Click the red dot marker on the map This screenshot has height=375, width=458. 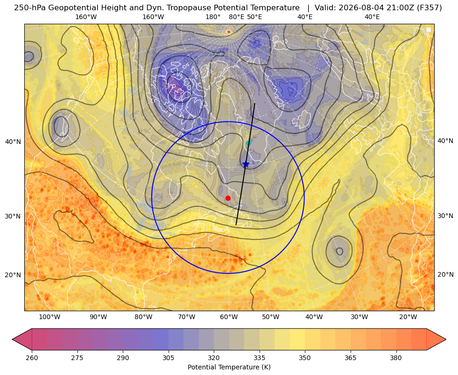pos(228,198)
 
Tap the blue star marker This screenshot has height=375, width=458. pos(246,164)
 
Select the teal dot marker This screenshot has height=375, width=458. pos(248,143)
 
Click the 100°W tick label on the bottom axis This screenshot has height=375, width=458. pos(49,317)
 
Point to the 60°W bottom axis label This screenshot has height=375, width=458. pos(229,317)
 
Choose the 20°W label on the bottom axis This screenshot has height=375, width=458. pos(408,317)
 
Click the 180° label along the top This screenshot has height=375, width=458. pos(213,17)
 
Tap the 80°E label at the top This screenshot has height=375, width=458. pos(237,17)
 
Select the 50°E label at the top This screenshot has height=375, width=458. pos(255,17)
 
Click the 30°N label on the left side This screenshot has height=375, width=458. pos(13,216)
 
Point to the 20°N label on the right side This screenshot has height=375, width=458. pos(445,274)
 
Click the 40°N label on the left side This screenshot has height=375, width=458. pos(13,142)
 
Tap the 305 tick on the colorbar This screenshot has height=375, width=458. pos(169,358)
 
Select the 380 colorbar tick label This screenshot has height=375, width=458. pos(396,358)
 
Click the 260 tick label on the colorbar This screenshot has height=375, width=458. pos(32,358)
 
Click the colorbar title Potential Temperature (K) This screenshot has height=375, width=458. pos(229,367)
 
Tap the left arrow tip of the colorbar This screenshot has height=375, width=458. pos(12,339)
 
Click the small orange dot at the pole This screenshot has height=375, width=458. pos(229,32)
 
